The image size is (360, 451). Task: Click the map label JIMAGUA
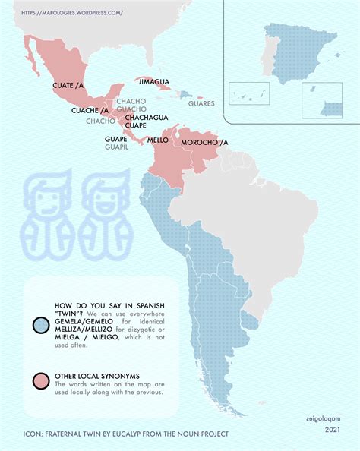click(154, 80)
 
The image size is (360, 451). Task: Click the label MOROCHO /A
click(204, 142)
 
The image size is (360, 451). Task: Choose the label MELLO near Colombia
click(157, 140)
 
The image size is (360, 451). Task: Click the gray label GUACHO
click(131, 109)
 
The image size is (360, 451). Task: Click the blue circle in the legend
click(42, 326)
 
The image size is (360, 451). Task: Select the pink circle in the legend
click(42, 380)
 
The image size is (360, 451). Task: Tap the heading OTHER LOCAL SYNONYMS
click(93, 375)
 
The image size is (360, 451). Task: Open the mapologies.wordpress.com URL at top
click(71, 13)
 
